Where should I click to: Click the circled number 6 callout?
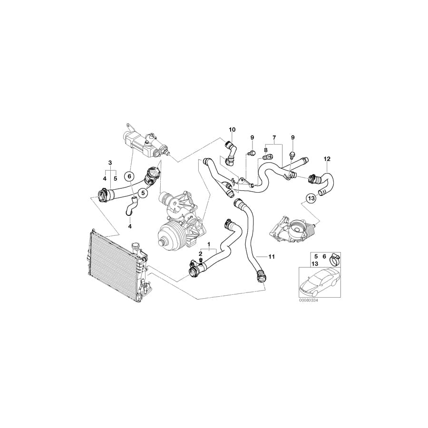coord(129,176)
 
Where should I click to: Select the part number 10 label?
coord(232,129)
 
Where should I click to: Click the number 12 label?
coord(327,158)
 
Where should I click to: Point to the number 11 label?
coord(272,257)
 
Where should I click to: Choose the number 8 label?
coord(265,150)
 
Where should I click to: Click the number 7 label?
coord(274,137)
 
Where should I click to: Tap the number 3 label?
coord(110,163)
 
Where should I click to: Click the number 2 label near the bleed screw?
coord(200,254)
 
